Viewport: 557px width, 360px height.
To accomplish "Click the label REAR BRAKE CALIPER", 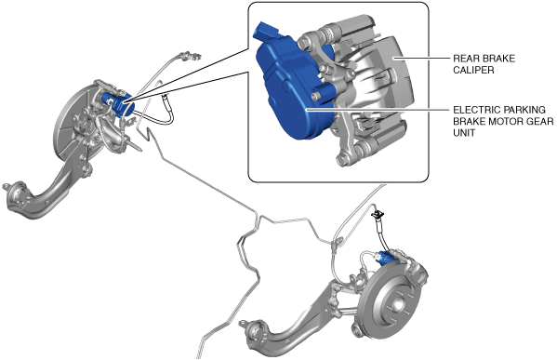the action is (x=484, y=64).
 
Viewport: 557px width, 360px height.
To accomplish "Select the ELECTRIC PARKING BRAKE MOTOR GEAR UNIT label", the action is (x=503, y=121).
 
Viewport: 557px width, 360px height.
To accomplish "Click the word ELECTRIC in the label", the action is (x=475, y=110).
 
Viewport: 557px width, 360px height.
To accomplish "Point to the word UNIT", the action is (x=464, y=133).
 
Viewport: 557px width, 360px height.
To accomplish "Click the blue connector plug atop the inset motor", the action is (x=268, y=32).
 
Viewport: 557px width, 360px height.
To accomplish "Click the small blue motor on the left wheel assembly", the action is (x=118, y=104).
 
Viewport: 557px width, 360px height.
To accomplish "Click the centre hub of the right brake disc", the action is (x=397, y=305).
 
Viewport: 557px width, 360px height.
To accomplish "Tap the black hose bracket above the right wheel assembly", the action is (x=378, y=214).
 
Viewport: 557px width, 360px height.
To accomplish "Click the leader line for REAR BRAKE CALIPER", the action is (x=420, y=58).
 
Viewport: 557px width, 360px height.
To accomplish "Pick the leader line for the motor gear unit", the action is (x=377, y=110).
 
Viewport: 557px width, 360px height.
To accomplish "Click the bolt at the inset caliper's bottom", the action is (x=342, y=160).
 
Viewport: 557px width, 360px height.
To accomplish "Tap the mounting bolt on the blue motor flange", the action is (x=314, y=97).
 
